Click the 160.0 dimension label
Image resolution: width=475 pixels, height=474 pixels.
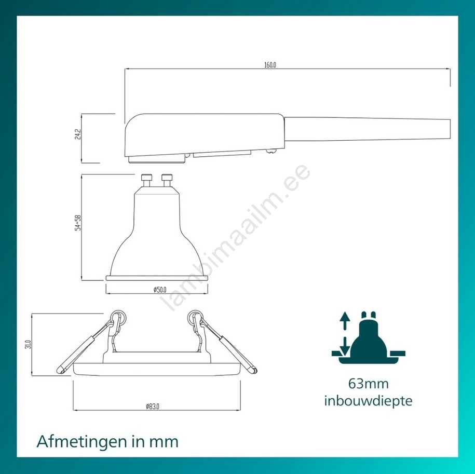coord(270,65)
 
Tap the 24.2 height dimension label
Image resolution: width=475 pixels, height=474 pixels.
coord(78,134)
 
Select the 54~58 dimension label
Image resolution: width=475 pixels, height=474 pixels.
coord(78,223)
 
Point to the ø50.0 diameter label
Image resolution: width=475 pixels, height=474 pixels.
coord(160,290)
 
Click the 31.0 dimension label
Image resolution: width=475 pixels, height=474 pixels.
coord(28,344)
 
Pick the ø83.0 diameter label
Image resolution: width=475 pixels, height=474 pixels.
coord(153,406)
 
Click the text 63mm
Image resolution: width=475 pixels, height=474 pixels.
coord(368,384)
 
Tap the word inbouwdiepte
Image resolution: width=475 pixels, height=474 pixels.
coord(368,401)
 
